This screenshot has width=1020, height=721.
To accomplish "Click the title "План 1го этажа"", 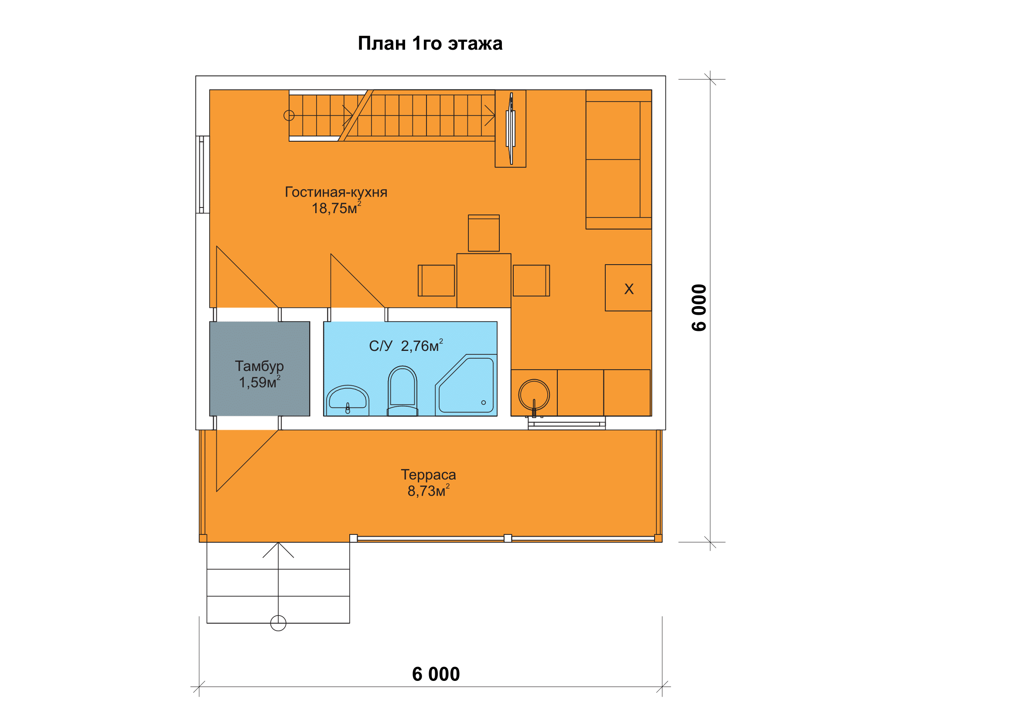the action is (430, 44).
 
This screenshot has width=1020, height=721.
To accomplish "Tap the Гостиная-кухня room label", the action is (336, 192).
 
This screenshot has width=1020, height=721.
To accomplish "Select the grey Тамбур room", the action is (259, 368).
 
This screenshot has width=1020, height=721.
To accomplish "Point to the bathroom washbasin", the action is (348, 401).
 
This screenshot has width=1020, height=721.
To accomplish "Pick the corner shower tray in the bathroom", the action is (466, 385).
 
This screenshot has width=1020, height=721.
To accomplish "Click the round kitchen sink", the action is (534, 395).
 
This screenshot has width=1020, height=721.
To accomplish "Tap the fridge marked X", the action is (628, 288).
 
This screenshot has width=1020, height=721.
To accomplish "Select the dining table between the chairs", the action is (484, 281).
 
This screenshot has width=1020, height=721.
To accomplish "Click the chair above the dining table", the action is (484, 233).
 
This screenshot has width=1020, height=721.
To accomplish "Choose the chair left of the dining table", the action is (436, 281).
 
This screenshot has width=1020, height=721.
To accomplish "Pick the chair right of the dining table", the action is (531, 281).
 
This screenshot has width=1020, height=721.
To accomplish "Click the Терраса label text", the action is (428, 475).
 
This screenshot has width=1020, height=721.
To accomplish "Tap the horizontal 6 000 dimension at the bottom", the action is (436, 674).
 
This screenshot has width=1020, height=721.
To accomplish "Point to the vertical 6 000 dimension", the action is (699, 308).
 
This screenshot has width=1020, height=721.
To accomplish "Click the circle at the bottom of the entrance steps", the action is (278, 623).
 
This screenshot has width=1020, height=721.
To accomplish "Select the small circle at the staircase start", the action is (289, 116).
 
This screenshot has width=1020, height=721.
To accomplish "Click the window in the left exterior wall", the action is (203, 174).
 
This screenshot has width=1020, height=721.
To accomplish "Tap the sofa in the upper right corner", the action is (619, 160).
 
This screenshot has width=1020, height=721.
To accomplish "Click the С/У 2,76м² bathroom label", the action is (406, 345).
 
